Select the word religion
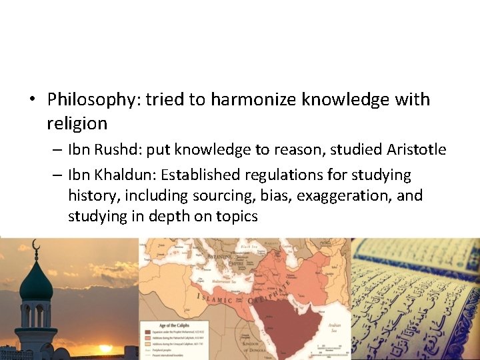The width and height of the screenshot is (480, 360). click(77, 123)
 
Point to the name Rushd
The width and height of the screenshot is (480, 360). click(114, 150)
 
